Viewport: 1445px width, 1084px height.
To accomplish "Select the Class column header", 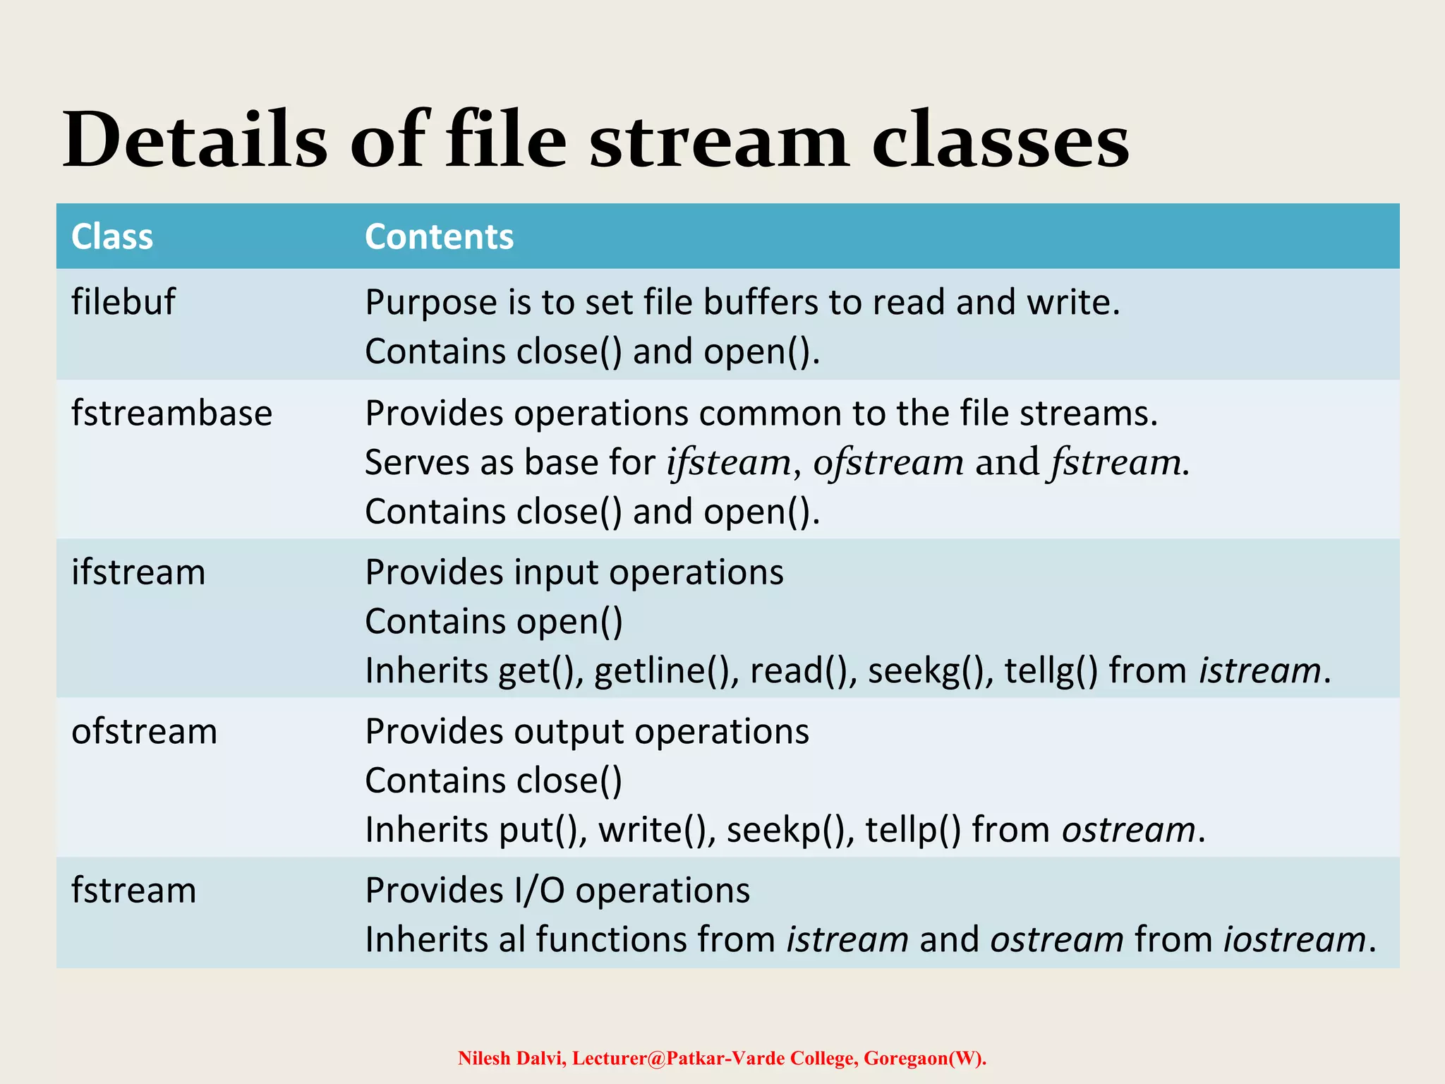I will pyautogui.click(x=112, y=236).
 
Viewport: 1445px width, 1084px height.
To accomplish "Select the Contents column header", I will pyautogui.click(x=439, y=236).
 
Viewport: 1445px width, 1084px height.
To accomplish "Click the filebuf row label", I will pyautogui.click(x=123, y=302).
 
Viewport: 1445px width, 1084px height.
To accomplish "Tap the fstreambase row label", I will pyautogui.click(x=171, y=413).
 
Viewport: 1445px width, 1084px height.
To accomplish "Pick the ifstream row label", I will pyautogui.click(x=138, y=572).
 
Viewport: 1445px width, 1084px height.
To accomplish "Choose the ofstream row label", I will pyautogui.click(x=144, y=731).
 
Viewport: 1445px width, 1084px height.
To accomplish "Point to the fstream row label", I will pyautogui.click(x=133, y=891).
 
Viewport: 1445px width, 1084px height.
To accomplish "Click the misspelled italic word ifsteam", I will pyautogui.click(x=729, y=463).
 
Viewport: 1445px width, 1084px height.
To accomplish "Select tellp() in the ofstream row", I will pyautogui.click(x=913, y=830).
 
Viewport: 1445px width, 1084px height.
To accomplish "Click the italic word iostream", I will pyautogui.click(x=1295, y=940).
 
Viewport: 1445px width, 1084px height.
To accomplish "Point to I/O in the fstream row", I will pyautogui.click(x=539, y=891).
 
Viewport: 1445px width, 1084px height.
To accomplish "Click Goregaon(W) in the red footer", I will pyautogui.click(x=923, y=1059).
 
